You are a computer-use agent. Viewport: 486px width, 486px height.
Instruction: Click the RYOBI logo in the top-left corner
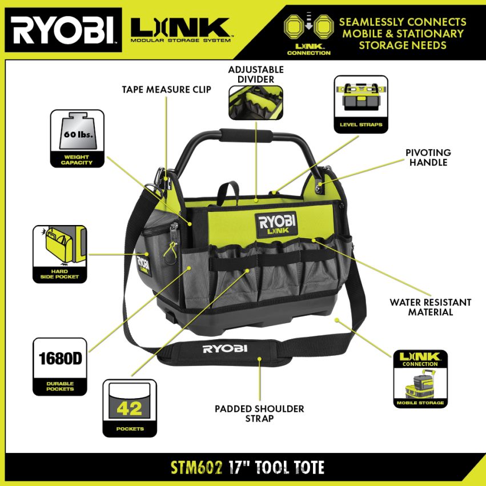pyautogui.click(x=63, y=30)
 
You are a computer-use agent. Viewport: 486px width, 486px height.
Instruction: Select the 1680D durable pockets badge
pyautogui.click(x=60, y=367)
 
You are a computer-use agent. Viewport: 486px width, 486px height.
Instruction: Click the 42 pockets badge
pyautogui.click(x=130, y=408)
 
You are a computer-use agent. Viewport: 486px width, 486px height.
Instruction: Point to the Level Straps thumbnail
pyautogui.click(x=361, y=104)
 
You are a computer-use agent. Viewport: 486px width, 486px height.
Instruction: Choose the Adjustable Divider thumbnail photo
pyautogui.click(x=256, y=103)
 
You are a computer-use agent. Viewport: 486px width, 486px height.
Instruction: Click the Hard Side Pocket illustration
pyautogui.click(x=59, y=254)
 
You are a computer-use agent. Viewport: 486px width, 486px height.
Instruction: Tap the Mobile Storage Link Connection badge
pyautogui.click(x=420, y=379)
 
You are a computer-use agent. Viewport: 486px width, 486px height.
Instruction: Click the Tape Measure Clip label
pyautogui.click(x=166, y=90)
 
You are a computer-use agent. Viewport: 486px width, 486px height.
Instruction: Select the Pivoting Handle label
pyautogui.click(x=428, y=157)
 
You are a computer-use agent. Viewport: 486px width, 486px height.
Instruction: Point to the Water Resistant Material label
pyautogui.click(x=431, y=307)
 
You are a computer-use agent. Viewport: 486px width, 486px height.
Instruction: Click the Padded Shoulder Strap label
pyautogui.click(x=259, y=413)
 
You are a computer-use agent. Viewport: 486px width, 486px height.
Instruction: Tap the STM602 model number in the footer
pyautogui.click(x=196, y=468)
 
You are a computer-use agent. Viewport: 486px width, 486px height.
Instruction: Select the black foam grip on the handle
pyautogui.click(x=246, y=135)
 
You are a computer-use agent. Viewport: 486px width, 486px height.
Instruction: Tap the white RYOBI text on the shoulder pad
pyautogui.click(x=225, y=349)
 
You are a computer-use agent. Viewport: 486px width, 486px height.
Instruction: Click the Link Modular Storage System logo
pyautogui.click(x=180, y=30)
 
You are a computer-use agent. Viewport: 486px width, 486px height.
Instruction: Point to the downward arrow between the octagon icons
pyautogui.click(x=309, y=21)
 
